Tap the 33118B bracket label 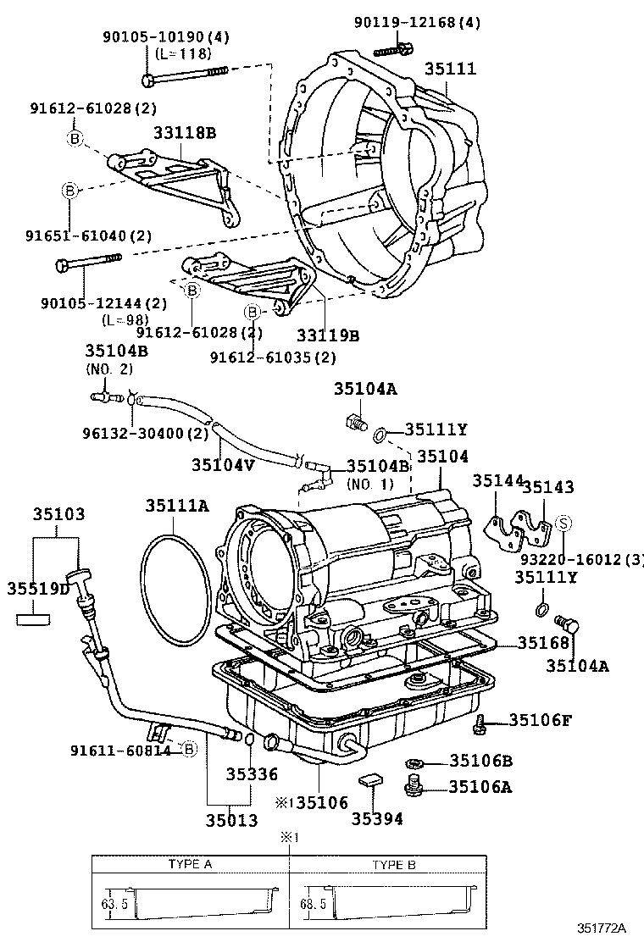185,133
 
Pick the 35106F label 541,720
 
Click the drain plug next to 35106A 415,785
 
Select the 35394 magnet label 377,818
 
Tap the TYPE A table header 191,865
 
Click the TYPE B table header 394,865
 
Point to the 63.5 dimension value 109,904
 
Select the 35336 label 252,773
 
